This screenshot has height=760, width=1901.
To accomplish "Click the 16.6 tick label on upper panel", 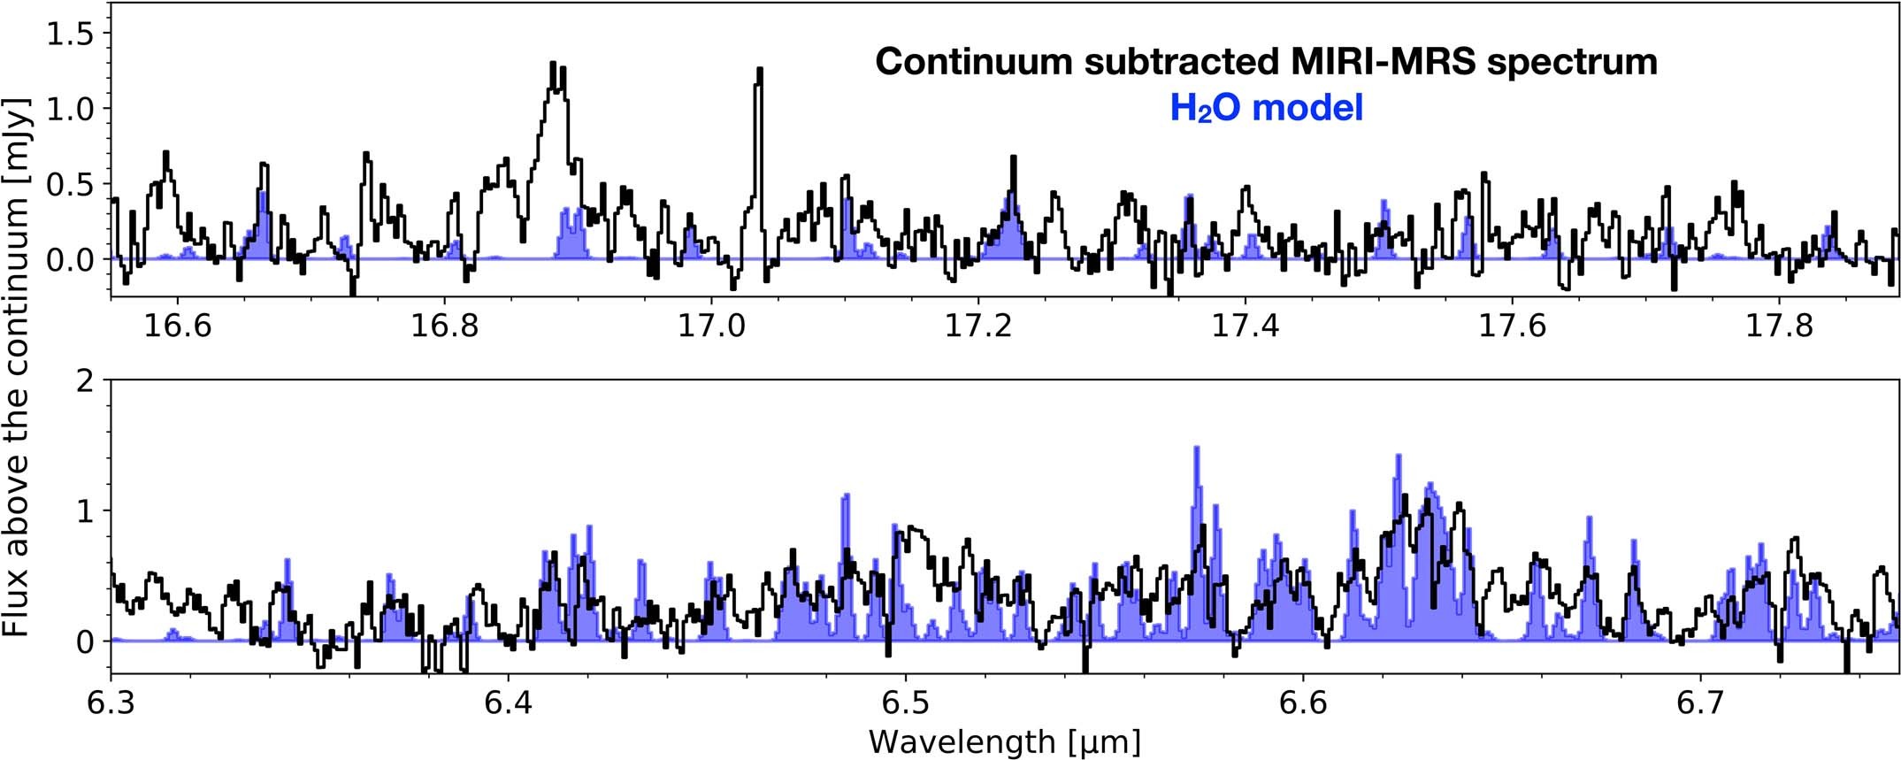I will [x=178, y=326].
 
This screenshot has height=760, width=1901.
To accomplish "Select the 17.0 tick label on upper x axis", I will [x=712, y=326].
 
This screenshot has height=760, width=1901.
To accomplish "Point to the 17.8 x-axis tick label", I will [x=1780, y=326].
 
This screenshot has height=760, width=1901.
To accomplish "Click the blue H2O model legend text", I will [x=1266, y=108].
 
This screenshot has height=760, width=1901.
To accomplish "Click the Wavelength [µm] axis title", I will [x=1004, y=741].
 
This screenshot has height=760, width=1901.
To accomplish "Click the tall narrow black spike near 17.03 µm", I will [x=758, y=80].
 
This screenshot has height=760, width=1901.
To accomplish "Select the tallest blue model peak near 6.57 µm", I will [x=1197, y=451].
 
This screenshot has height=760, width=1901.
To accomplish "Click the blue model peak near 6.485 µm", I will [x=846, y=498].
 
